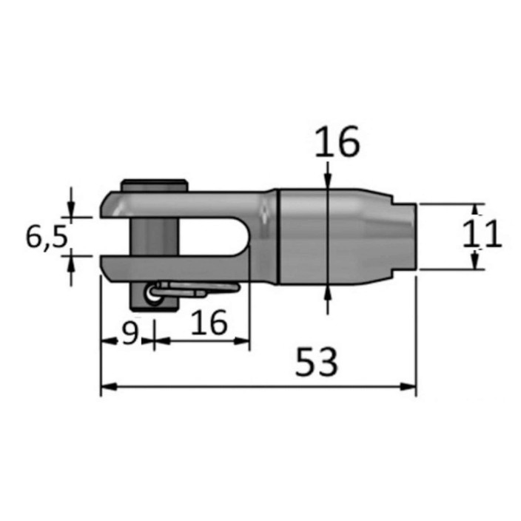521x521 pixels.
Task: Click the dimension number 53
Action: click(x=316, y=362)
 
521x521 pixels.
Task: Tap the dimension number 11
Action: click(x=482, y=234)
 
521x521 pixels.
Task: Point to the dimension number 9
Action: click(x=130, y=332)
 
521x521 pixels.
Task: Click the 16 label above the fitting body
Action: click(x=337, y=141)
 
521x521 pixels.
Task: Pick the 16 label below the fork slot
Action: click(x=209, y=322)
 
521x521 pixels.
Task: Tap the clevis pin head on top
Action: click(x=155, y=186)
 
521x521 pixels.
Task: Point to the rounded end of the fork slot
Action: click(x=243, y=236)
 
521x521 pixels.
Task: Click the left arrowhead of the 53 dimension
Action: click(x=109, y=387)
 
